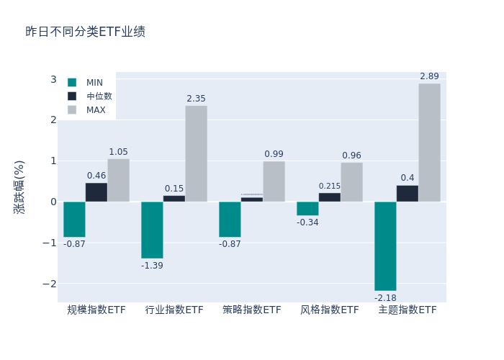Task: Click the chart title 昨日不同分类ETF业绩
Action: [x=85, y=32]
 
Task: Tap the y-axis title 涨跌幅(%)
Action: [x=19, y=186]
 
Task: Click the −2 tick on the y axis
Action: [x=50, y=284]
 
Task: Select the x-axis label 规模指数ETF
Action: [x=96, y=310]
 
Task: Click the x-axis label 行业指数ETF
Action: [x=174, y=310]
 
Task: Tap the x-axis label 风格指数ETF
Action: [x=330, y=310]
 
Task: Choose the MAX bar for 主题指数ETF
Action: [x=429, y=143]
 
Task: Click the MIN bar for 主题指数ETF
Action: [x=385, y=246]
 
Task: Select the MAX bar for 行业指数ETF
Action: [x=196, y=153]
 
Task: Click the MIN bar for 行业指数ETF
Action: [x=152, y=230]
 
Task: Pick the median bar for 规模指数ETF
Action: [x=96, y=192]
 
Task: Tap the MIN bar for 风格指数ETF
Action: [x=307, y=208]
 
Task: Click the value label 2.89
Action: [x=429, y=76]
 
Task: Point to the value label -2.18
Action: [x=385, y=297]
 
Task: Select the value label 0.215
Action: [x=330, y=186]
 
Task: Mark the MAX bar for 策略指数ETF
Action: [x=274, y=181]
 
